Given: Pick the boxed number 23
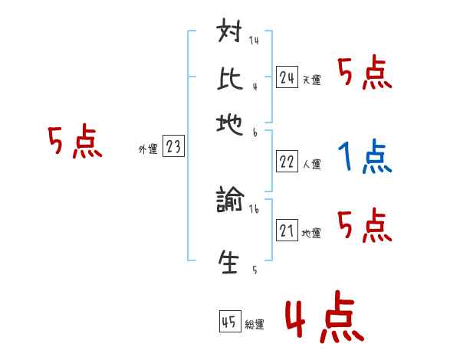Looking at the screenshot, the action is click(173, 147).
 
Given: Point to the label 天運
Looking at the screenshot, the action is click(311, 80).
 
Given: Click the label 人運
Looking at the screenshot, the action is click(311, 164).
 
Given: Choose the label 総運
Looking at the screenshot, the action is click(255, 325).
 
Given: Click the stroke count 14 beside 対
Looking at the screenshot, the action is click(254, 41).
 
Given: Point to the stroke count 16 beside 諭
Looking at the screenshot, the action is click(254, 208).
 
